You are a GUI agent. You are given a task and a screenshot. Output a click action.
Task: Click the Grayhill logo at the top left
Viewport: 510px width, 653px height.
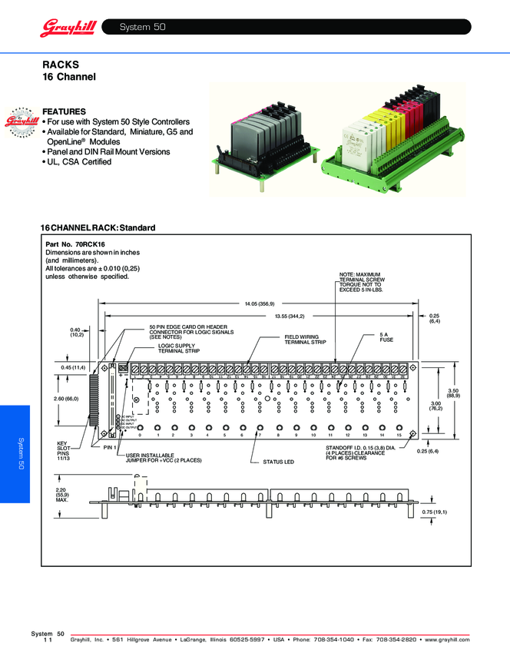(x=67, y=28)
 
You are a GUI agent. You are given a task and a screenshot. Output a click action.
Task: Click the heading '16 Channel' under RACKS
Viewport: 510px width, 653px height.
(x=68, y=78)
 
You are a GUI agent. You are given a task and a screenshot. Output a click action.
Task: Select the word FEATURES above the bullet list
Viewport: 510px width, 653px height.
(x=64, y=111)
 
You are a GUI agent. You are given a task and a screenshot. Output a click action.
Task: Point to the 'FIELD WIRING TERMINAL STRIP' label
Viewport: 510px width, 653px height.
(x=305, y=339)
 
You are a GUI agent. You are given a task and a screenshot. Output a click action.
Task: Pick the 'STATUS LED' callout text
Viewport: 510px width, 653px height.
(x=279, y=462)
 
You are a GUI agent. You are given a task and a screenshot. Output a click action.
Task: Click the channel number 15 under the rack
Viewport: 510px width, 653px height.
(x=399, y=435)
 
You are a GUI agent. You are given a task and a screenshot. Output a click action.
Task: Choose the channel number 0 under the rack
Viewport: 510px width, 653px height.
(x=140, y=435)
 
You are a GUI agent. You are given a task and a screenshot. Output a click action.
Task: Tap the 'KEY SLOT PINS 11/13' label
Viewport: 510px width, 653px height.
(x=64, y=452)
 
